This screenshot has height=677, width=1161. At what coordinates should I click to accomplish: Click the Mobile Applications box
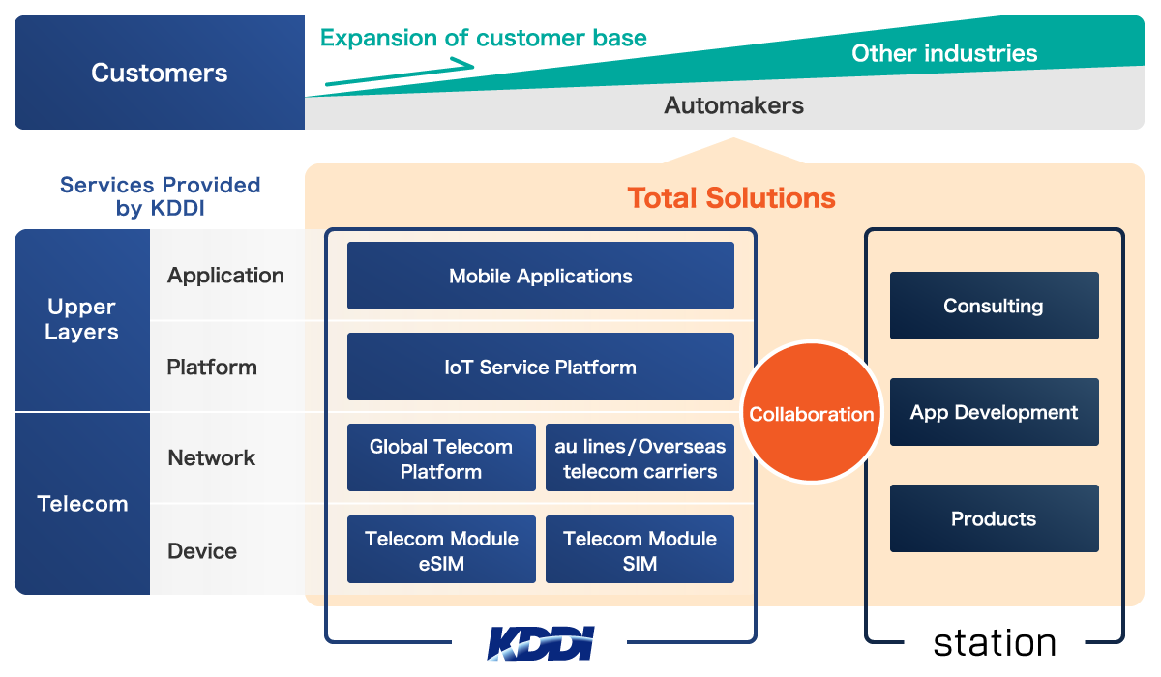coord(541,276)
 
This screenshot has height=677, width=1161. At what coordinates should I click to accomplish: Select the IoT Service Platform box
coord(541,367)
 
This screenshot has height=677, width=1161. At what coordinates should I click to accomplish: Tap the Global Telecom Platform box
coord(441,457)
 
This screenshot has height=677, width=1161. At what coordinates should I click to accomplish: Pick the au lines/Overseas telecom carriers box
coord(640,457)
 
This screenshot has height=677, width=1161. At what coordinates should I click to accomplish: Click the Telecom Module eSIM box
coord(441,549)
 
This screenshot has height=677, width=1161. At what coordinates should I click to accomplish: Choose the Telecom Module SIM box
coord(640,549)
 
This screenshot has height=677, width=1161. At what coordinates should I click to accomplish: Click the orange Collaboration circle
coord(812,412)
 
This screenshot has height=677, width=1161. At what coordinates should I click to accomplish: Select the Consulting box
coord(995,306)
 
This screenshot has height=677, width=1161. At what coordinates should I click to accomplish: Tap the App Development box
coord(995,412)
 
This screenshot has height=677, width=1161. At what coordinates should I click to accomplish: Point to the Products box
coord(995,518)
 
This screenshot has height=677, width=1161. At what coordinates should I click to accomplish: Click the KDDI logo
coord(541,643)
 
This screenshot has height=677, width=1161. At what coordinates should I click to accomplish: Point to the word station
coord(995,643)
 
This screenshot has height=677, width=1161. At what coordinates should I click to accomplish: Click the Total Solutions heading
coord(731,198)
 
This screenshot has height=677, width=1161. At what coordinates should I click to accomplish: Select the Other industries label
coord(944,53)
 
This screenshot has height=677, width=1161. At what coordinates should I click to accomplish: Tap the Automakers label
coord(734,105)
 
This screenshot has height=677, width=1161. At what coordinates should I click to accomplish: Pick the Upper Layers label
coord(81,319)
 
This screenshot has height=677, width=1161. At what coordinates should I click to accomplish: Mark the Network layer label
coord(212,457)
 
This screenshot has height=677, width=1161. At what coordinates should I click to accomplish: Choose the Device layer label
coord(202,551)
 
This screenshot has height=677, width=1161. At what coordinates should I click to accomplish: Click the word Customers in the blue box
coord(160,73)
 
